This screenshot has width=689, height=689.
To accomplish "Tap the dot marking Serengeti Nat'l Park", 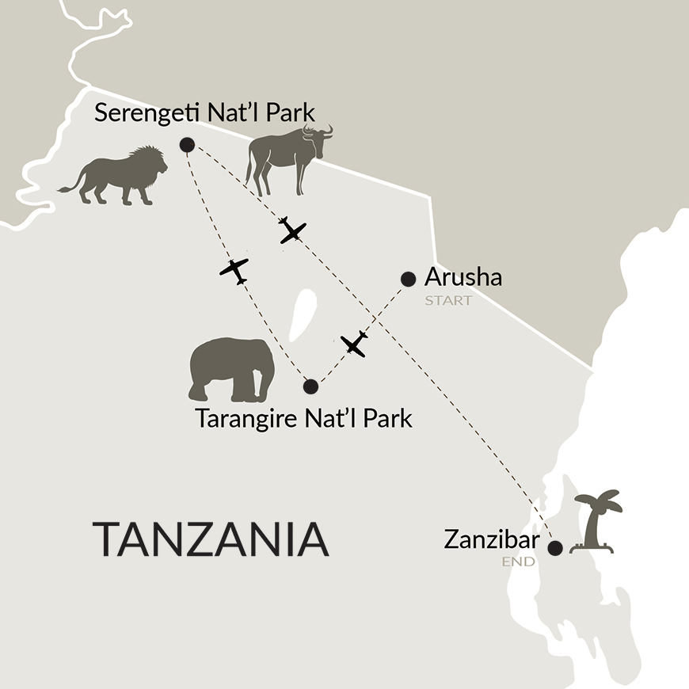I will tap(187, 144).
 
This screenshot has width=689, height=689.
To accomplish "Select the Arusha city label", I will tap(463, 278).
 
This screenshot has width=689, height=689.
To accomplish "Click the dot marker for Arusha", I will tap(409, 278).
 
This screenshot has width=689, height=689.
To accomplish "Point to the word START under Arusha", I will tap(447, 301).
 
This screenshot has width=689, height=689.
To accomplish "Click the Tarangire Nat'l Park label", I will tap(304, 417).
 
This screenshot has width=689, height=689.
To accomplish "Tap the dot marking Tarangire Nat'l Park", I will tap(310, 386).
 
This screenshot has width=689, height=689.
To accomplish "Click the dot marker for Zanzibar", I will tap(556, 547).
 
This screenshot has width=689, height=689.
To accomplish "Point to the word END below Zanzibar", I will tap(520, 562).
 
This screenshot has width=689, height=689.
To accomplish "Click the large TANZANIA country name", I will tap(211, 539).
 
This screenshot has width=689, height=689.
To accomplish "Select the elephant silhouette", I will tap(230, 370).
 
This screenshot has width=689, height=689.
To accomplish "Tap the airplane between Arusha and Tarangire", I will tap(354, 344).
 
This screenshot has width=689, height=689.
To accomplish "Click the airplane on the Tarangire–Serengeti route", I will tap(234, 270).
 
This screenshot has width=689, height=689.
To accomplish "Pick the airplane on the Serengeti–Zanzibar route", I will tap(292, 230).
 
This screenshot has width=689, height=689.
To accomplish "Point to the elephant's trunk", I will tap(195, 381).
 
